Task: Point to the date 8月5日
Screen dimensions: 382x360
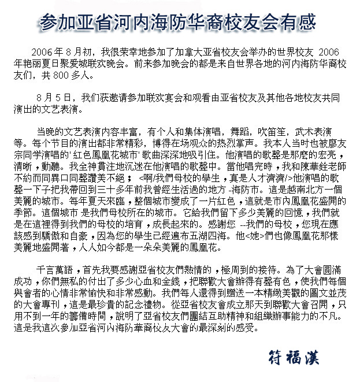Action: [x=54, y=97]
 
